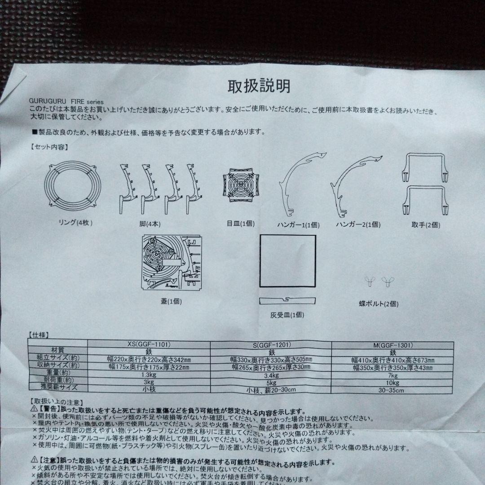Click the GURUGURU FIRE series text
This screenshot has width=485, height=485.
66,102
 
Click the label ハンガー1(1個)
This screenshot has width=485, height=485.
298,225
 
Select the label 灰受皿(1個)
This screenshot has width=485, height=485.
287,315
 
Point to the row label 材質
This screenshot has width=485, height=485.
58,349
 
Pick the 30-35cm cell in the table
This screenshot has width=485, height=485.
392,390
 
